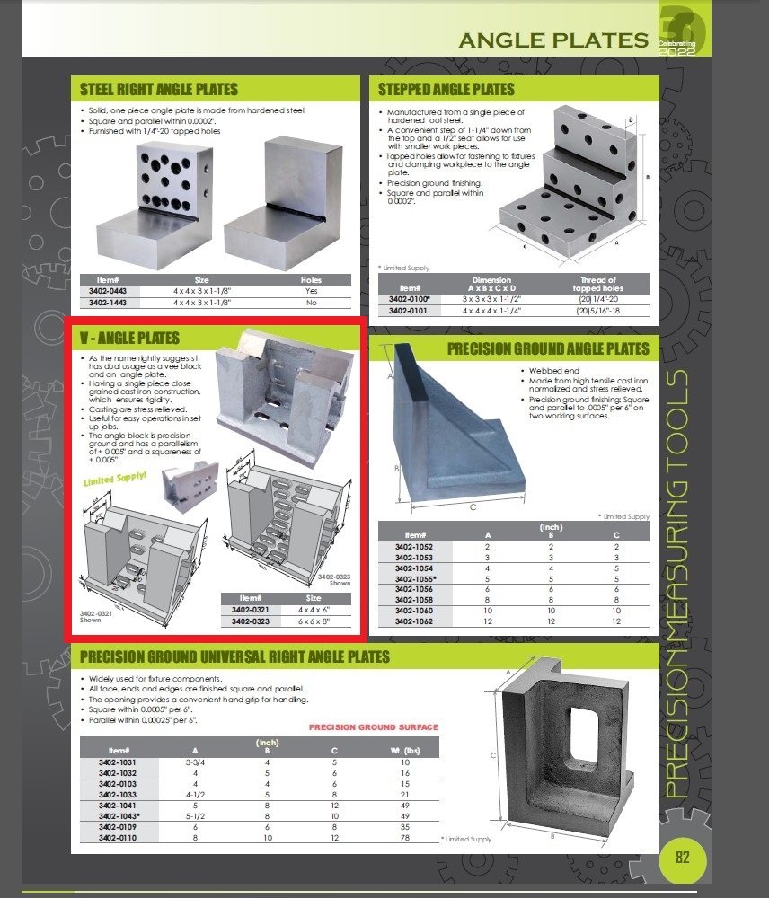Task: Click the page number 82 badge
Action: pyautogui.click(x=682, y=856)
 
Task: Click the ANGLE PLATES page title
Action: pyautogui.click(x=553, y=40)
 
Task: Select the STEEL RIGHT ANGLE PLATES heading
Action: pyautogui.click(x=159, y=89)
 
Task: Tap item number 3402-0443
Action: pyautogui.click(x=107, y=292)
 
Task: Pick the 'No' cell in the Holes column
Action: pyautogui.click(x=311, y=304)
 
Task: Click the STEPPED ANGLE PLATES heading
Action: pyautogui.click(x=446, y=89)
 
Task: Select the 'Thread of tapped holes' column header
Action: pyautogui.click(x=599, y=285)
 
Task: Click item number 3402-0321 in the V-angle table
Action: pyautogui.click(x=251, y=610)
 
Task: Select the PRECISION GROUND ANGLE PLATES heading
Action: pyautogui.click(x=548, y=348)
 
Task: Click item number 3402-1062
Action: pyautogui.click(x=414, y=621)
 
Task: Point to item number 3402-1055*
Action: pyautogui.click(x=415, y=579)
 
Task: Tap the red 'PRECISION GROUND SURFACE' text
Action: pyautogui.click(x=373, y=726)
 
